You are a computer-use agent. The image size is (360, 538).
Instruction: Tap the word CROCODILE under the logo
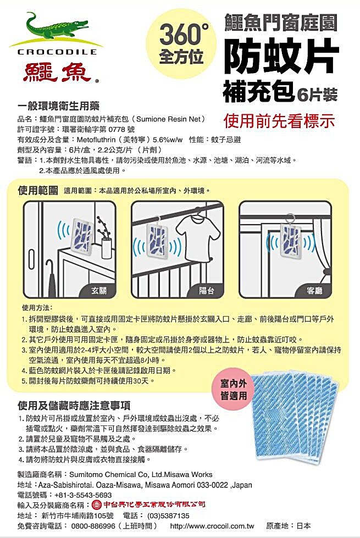57,52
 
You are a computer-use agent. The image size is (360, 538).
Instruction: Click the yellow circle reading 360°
181,44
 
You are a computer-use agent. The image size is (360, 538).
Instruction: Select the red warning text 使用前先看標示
279,120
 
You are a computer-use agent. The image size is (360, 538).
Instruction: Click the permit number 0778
117,129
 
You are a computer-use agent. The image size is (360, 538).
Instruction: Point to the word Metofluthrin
96,140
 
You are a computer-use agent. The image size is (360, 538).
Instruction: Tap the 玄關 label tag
99,291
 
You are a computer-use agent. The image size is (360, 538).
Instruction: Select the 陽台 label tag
207,291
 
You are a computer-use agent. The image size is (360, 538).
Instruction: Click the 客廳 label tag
314,291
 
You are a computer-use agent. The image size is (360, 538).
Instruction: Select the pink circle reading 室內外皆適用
234,390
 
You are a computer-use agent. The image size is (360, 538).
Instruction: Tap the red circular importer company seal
97,504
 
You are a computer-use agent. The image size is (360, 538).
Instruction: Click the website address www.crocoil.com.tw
212,526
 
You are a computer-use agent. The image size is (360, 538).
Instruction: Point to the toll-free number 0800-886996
93,526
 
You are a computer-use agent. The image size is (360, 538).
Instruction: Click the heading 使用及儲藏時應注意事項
74,406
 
